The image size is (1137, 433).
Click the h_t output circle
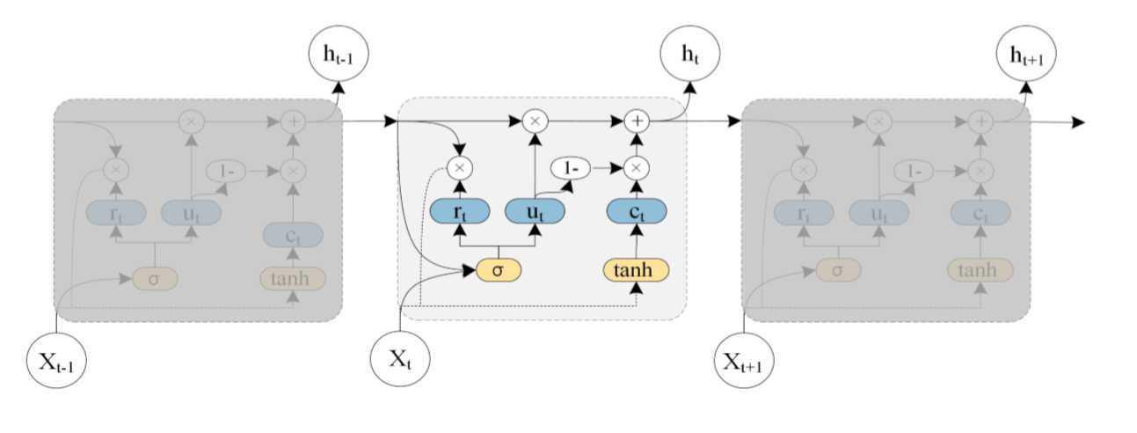[x=689, y=55]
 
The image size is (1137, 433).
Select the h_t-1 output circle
[x=338, y=55]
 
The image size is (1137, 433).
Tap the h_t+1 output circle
[x=1025, y=55]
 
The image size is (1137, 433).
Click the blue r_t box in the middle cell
[x=459, y=210]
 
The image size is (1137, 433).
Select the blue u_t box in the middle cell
[x=534, y=210]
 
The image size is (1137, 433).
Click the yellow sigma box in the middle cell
[x=498, y=269]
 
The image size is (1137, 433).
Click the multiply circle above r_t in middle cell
[x=459, y=166]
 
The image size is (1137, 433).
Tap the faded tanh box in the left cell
[x=293, y=278]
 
